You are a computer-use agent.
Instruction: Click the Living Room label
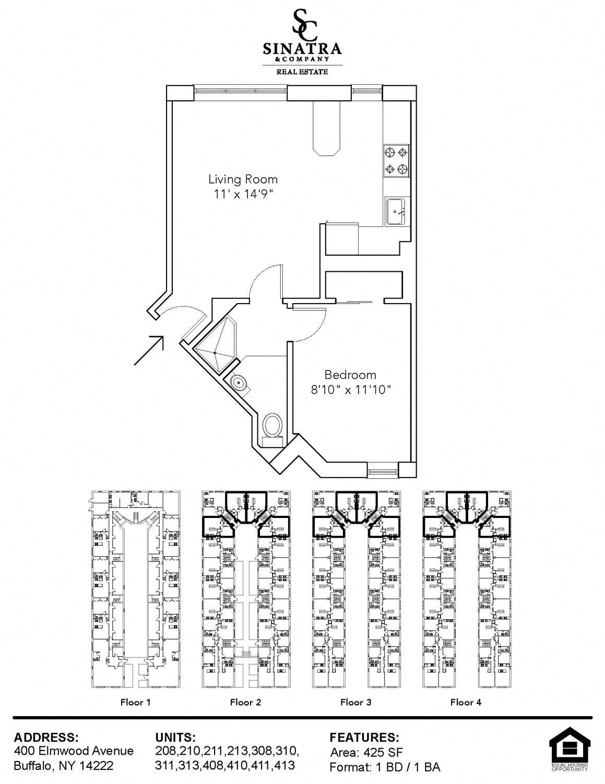243,179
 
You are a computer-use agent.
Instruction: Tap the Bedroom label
350,375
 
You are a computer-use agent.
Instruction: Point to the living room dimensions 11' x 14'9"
243,194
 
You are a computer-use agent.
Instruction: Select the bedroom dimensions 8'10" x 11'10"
351,390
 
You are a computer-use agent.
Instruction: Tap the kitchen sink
396,212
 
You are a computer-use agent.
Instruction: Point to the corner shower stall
215,343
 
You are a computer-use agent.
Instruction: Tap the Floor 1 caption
135,702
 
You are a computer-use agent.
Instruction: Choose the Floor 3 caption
355,702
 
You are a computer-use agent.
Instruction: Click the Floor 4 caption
466,702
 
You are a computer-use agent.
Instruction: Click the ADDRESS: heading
46,737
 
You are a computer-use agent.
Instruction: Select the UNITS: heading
175,737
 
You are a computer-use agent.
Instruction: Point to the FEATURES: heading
364,737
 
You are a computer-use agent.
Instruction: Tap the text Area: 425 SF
366,752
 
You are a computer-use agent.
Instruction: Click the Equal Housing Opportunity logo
570,750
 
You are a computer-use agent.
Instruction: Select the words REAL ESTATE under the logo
302,72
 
